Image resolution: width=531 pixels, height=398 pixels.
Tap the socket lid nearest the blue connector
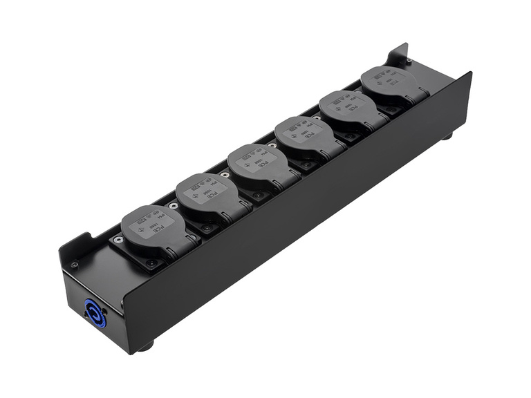coord(145,223)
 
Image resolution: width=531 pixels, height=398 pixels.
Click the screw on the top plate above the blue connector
coord(75,264)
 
